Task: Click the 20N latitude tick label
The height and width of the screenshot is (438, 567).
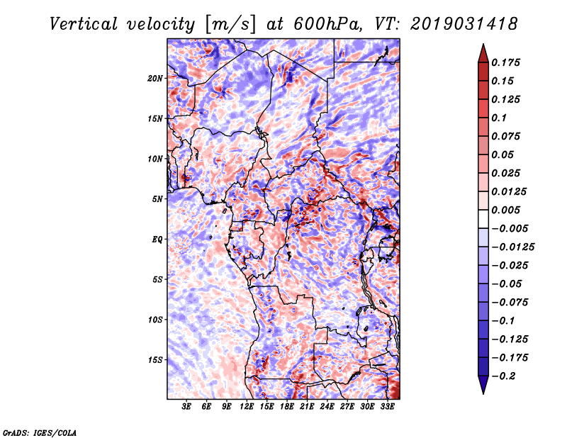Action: pos(156,78)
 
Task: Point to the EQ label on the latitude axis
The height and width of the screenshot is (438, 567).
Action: pos(157,239)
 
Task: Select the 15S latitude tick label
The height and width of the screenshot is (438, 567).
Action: pos(156,359)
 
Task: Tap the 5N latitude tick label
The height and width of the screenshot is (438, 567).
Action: pos(158,198)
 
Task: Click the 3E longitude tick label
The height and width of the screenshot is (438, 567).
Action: pos(187,408)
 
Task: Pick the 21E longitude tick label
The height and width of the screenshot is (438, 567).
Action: pos(307,408)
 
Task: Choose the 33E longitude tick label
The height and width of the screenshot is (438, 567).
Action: pos(386,408)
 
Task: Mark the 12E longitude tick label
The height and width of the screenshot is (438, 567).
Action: pos(247,408)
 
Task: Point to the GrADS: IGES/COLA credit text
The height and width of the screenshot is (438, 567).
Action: pos(39,432)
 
